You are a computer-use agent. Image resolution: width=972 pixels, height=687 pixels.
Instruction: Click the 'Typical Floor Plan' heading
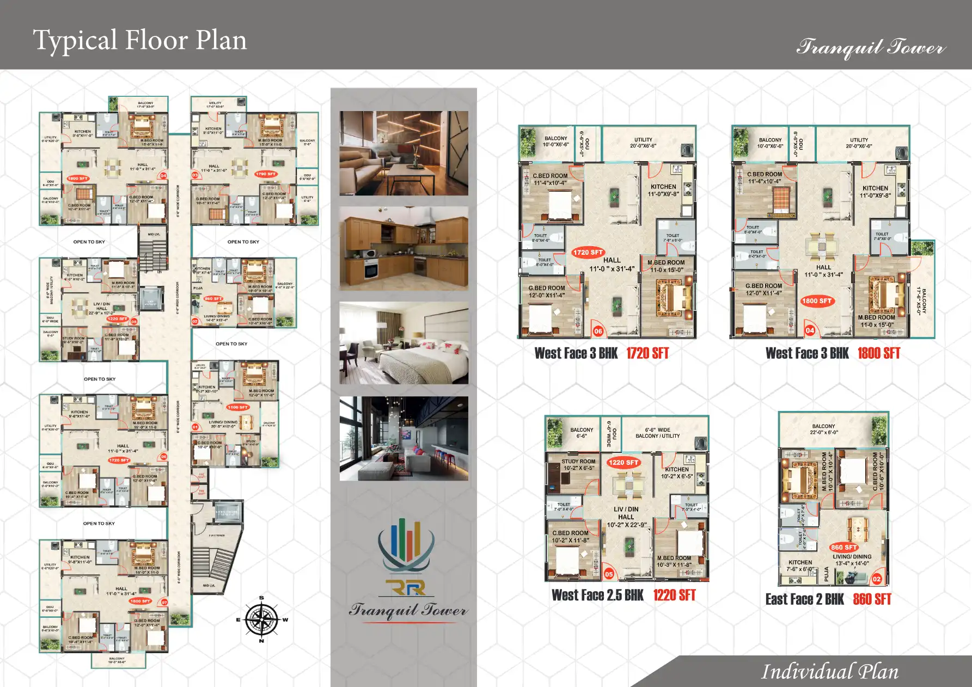[x=140, y=40]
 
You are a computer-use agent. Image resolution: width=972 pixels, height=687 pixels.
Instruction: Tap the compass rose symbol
[x=262, y=619]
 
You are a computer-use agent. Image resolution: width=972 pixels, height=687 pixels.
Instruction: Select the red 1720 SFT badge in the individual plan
[x=588, y=252]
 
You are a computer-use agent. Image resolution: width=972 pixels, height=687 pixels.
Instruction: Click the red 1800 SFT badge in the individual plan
[x=816, y=300]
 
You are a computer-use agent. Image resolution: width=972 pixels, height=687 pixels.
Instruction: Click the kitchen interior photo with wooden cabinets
[x=404, y=248]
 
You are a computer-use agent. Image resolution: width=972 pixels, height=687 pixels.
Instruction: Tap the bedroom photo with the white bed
[x=404, y=343]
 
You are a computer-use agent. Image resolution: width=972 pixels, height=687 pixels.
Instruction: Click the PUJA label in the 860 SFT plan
[x=826, y=574]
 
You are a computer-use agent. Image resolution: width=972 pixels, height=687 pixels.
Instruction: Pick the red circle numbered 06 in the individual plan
[x=598, y=331]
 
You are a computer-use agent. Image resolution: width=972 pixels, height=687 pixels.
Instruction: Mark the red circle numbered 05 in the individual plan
[x=609, y=574]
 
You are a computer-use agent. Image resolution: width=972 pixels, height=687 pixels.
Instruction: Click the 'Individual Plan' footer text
[x=829, y=672]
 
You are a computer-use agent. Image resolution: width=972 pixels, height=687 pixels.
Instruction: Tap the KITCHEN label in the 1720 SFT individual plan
[x=663, y=187]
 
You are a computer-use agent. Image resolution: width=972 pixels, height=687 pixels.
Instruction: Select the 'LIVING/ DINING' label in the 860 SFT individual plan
[x=852, y=557]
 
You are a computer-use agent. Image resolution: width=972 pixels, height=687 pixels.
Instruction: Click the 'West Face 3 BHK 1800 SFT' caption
[x=833, y=353]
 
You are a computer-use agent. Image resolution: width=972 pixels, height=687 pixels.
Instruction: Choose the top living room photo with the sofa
[x=404, y=153]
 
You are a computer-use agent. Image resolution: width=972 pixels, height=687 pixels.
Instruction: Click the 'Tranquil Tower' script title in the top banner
[x=870, y=47]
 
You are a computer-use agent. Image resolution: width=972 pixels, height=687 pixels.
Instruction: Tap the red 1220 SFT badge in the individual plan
[x=623, y=463]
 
